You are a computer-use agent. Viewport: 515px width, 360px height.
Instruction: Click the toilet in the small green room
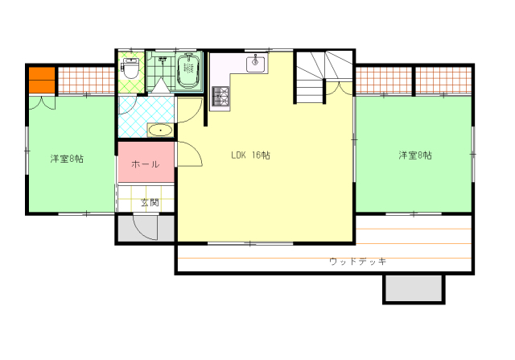click(131, 68)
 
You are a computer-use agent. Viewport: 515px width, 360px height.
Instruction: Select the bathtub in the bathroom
click(189, 71)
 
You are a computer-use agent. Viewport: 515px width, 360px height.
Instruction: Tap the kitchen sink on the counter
click(256, 64)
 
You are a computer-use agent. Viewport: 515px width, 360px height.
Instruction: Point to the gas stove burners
click(220, 96)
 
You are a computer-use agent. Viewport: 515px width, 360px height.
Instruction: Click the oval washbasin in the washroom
click(160, 130)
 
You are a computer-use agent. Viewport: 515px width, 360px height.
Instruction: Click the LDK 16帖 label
click(250, 155)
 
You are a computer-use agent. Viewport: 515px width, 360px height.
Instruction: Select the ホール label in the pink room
click(146, 164)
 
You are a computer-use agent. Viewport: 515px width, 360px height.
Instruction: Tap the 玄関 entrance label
click(150, 202)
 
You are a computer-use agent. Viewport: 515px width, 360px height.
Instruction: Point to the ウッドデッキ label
click(357, 262)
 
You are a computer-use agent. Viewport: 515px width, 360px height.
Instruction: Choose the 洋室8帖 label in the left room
click(67, 159)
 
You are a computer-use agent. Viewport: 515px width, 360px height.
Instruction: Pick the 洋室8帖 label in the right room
click(415, 155)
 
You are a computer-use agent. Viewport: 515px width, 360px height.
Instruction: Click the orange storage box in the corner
click(42, 80)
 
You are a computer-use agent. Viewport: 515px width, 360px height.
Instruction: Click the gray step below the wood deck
click(414, 288)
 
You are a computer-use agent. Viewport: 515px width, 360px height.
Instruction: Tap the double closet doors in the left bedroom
click(42, 102)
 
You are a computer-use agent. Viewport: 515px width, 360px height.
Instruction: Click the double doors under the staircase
click(339, 89)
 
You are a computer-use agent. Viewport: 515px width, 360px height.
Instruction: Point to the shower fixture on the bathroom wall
click(163, 60)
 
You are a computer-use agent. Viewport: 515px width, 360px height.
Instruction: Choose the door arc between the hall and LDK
click(190, 155)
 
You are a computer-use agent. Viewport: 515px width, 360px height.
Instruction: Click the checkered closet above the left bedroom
click(86, 81)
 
